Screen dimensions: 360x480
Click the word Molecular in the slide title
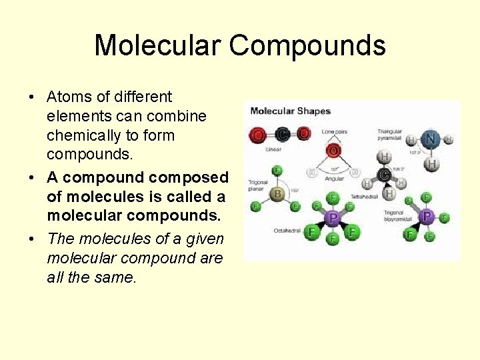click(x=157, y=45)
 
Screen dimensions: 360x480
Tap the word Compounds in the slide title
click(x=307, y=45)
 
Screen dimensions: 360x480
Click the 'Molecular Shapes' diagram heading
click(x=290, y=111)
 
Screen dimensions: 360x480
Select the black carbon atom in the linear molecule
click(x=282, y=134)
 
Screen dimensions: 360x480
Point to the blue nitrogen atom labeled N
click(x=431, y=139)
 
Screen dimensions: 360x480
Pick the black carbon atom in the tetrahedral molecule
click(x=384, y=175)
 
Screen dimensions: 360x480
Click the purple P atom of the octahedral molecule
click(x=332, y=217)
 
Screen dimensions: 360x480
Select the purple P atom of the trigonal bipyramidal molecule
click(x=427, y=217)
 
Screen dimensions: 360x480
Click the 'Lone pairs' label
click(x=335, y=131)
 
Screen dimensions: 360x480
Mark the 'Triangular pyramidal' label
click(x=391, y=135)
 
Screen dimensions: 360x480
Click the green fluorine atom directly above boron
click(x=277, y=171)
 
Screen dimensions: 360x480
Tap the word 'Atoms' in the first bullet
click(x=68, y=97)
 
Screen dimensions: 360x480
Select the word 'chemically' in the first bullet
click(x=77, y=135)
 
